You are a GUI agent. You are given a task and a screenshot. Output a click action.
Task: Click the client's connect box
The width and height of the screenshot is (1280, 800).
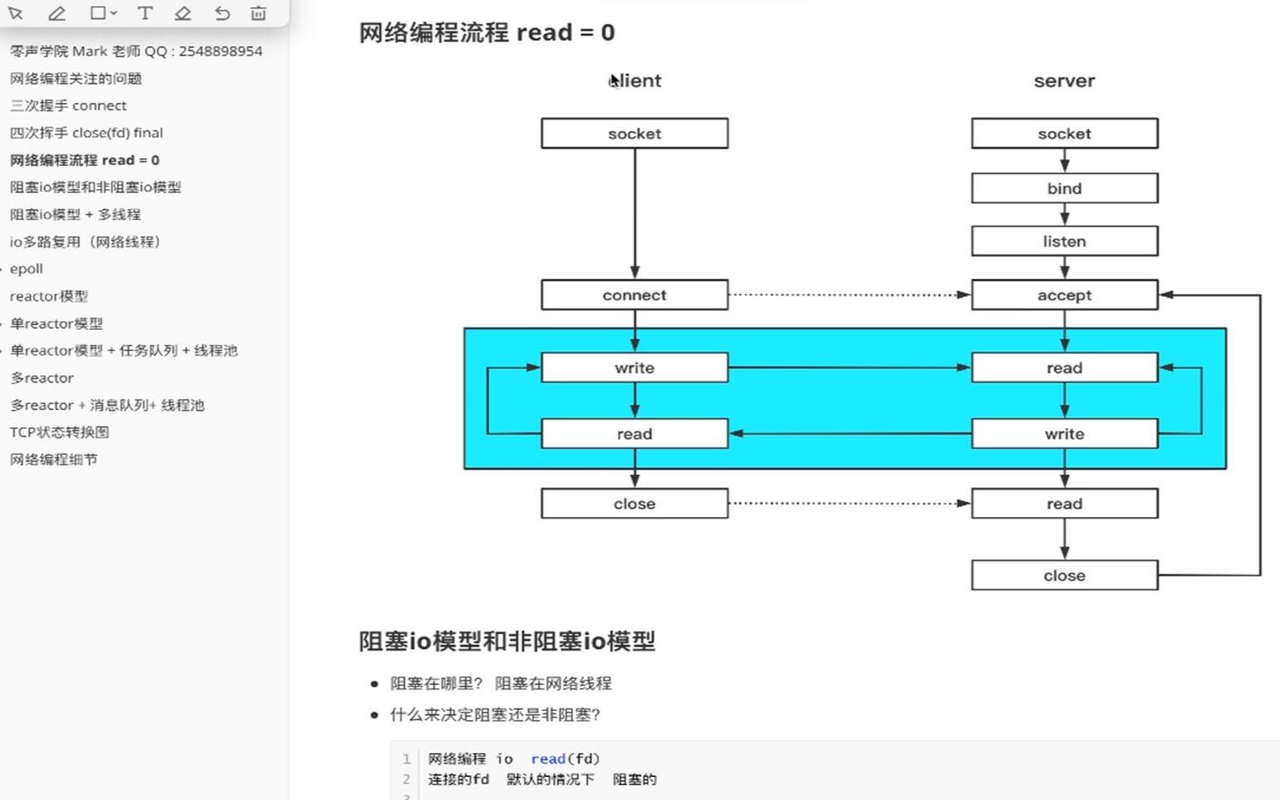tap(634, 295)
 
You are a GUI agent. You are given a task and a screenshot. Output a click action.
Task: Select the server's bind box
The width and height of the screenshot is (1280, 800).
tap(1064, 188)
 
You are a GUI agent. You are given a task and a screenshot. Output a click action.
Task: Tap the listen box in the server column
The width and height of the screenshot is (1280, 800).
tap(1064, 242)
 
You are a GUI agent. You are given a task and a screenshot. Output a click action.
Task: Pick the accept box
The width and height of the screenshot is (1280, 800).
tap(1064, 295)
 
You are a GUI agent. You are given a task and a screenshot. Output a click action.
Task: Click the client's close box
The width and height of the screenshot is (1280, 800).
tap(634, 504)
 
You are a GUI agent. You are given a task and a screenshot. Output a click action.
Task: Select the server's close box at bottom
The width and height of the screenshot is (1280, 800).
tap(1064, 576)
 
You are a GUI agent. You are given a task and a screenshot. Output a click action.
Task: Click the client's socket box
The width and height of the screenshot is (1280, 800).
tap(634, 134)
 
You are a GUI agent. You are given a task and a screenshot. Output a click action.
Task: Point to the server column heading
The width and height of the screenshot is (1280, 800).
tap(1064, 81)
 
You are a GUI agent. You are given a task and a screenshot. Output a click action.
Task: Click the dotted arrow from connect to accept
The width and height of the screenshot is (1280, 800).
tap(849, 294)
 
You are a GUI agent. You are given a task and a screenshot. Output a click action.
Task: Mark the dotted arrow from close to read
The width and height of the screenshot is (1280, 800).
tap(849, 503)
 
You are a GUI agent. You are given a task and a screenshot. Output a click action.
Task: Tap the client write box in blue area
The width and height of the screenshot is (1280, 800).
tap(634, 368)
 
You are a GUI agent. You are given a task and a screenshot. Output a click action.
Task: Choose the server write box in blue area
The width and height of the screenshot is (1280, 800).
tap(1064, 434)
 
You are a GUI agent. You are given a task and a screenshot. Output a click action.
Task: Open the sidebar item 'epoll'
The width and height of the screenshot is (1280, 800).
tap(26, 269)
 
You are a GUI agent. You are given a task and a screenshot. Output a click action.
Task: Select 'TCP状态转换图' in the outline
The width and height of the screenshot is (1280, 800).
tap(59, 432)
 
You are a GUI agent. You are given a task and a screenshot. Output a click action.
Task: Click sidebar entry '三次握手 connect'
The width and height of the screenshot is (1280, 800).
tap(68, 106)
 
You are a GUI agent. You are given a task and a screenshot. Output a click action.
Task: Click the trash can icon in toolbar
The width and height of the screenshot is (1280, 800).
tap(258, 13)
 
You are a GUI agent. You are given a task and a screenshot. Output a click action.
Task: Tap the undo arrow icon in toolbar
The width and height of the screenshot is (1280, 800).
tap(222, 13)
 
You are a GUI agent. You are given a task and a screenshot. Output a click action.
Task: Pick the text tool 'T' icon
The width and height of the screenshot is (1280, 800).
tap(144, 13)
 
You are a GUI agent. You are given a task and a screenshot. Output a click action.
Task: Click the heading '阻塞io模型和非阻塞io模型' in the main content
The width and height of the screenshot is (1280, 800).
tap(506, 642)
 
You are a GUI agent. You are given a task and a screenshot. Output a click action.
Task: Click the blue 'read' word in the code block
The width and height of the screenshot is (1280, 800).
tap(548, 759)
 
